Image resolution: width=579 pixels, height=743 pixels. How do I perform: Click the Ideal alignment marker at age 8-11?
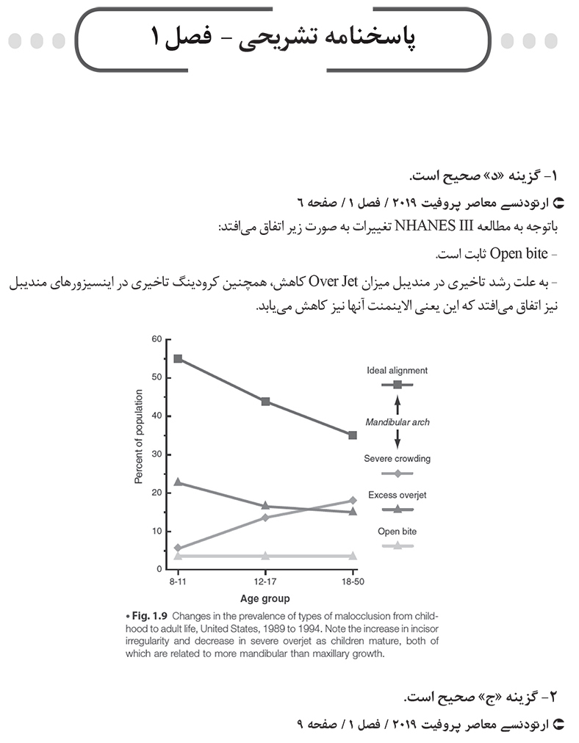point(178,358)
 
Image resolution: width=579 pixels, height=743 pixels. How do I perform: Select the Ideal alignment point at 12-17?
point(265,402)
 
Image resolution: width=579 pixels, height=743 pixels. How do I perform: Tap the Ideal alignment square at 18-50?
point(353,435)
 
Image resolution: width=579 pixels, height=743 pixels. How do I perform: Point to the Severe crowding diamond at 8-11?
point(178,548)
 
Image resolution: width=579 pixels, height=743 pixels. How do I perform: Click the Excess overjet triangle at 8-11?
point(178,482)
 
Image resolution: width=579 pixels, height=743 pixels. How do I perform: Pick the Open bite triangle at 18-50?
point(353,556)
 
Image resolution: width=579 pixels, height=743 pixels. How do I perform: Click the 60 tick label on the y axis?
point(157,339)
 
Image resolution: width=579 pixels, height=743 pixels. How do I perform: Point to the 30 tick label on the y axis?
point(157,454)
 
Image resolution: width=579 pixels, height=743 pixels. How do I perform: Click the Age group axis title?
point(265,598)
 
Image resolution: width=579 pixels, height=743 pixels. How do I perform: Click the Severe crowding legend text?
point(397,459)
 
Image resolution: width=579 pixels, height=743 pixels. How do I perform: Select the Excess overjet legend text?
point(397,495)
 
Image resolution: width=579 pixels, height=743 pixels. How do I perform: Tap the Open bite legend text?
point(397,531)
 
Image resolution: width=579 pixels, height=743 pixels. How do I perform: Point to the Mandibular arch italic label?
point(397,422)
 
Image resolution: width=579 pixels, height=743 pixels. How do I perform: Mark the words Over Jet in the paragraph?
point(332,280)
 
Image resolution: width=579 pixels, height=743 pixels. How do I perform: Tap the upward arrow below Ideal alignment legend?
point(397,405)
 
